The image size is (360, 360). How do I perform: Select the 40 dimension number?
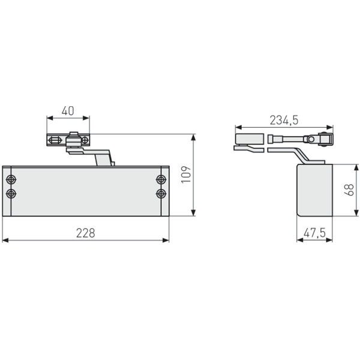point(68,111)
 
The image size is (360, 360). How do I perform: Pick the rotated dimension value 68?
point(350,190)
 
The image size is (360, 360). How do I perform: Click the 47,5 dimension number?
point(315,232)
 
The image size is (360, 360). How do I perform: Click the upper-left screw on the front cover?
point(11,180)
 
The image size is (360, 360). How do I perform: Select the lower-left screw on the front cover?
point(11,193)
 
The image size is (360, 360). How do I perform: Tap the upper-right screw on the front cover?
point(160,180)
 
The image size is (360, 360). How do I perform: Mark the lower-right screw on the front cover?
point(160,193)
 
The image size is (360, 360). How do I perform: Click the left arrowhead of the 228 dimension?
point(5,241)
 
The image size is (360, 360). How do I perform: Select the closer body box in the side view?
point(314,191)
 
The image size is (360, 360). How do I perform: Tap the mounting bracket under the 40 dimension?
point(68,140)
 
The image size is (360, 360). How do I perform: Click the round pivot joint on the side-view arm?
point(310,139)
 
